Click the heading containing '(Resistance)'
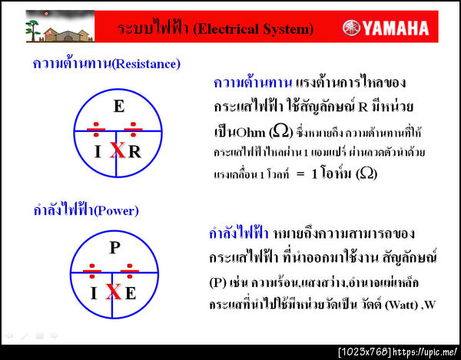point(106,63)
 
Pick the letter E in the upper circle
point(118,107)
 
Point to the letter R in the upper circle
point(134,151)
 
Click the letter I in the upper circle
point(98,151)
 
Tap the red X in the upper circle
point(117,150)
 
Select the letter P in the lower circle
point(114,247)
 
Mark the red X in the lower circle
point(113,292)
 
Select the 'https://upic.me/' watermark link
point(427,352)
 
